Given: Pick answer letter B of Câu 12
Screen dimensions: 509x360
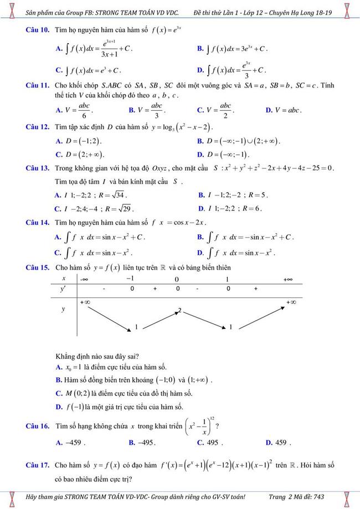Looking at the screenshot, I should point(200,141).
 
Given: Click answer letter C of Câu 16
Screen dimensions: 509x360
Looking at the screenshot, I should point(200,443).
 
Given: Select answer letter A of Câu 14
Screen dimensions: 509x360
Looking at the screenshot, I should point(58,237).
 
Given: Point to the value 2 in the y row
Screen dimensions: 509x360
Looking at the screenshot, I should point(179,310).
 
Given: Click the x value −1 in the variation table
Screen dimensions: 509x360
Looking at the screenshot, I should point(131,278).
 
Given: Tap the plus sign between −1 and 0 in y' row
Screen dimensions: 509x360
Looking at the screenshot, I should point(155,289).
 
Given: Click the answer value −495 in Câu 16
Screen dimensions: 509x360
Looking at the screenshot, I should point(146,443).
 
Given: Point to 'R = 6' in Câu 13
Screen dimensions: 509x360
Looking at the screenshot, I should point(249,208).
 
